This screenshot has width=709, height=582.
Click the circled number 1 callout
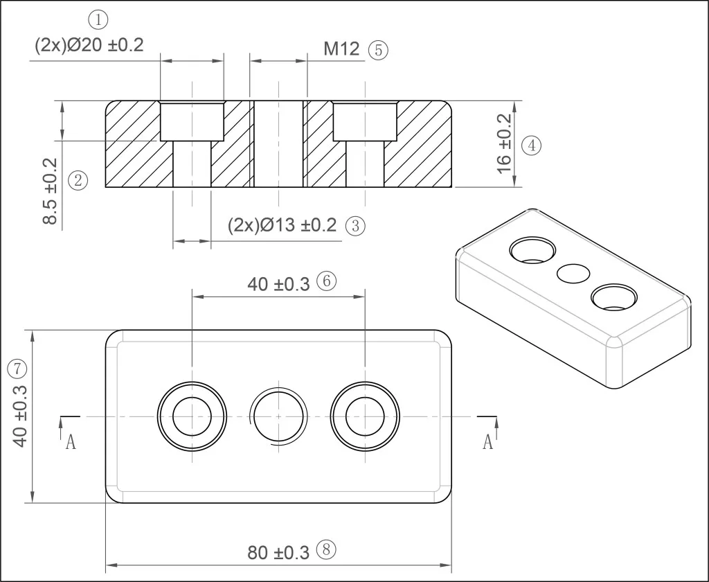pos(98,20)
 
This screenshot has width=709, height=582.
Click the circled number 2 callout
pos(78,181)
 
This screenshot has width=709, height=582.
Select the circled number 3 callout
pos(355,225)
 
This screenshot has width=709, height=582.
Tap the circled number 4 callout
pos(531,145)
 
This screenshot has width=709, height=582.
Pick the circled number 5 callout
pos(379,50)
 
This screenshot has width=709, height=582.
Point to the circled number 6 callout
pos(327,281)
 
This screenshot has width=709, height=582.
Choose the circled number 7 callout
pos(17,369)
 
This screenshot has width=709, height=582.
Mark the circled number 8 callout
pos(327,550)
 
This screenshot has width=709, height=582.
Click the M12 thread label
pos(341,49)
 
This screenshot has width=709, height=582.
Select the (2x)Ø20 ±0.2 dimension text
pos(89,45)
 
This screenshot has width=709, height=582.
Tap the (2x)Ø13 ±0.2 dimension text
pos(282,225)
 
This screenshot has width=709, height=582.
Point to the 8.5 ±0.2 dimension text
pos(50,191)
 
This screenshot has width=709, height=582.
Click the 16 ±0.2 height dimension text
pos(504,143)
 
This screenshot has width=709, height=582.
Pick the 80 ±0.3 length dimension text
pos(278,553)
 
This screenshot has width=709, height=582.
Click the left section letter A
pos(71,442)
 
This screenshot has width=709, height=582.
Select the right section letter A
pos(487,442)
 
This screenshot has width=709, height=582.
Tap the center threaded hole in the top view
pos(278,416)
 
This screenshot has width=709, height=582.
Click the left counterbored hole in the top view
pos(192,416)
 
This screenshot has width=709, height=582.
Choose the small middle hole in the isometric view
pos(573,274)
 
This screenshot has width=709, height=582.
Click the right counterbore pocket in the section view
pos(365,121)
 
